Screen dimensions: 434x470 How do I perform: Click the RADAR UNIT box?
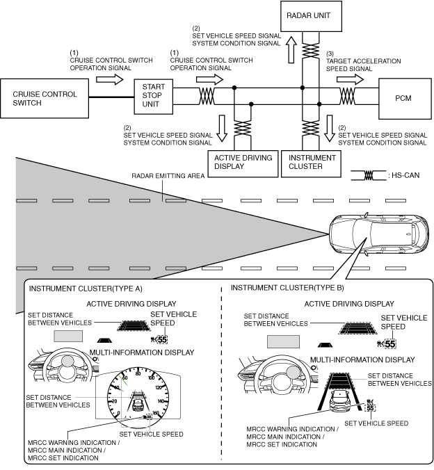tap(311, 16)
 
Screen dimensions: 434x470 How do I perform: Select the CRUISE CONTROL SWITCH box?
tap(45, 98)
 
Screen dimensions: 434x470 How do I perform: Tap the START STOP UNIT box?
tap(153, 97)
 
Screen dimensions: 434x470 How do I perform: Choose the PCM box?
tap(405, 99)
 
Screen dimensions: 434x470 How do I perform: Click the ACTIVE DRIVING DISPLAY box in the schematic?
tap(243, 163)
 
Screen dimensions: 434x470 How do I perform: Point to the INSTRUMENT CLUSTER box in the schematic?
tap(311, 163)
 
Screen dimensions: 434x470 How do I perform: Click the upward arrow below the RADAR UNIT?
tap(291, 49)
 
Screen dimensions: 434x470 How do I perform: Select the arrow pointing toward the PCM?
tap(350, 79)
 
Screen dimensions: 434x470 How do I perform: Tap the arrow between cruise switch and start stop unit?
tap(110, 79)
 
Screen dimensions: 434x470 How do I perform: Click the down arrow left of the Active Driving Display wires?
tap(222, 128)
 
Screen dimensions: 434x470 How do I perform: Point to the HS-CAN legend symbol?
tap(369, 175)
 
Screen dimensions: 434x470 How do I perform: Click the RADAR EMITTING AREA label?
tap(168, 176)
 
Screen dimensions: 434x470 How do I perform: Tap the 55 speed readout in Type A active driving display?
tap(162, 339)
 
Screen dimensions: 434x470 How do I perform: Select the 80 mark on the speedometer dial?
tap(138, 374)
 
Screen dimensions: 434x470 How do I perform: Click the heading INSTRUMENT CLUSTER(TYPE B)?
tap(287, 288)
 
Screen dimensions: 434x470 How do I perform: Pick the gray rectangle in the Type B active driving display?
tap(284, 341)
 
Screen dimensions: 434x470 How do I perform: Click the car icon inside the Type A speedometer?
tap(138, 404)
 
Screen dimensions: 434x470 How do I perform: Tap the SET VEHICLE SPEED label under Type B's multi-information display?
tap(376, 423)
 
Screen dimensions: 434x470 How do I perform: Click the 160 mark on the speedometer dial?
tap(156, 413)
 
